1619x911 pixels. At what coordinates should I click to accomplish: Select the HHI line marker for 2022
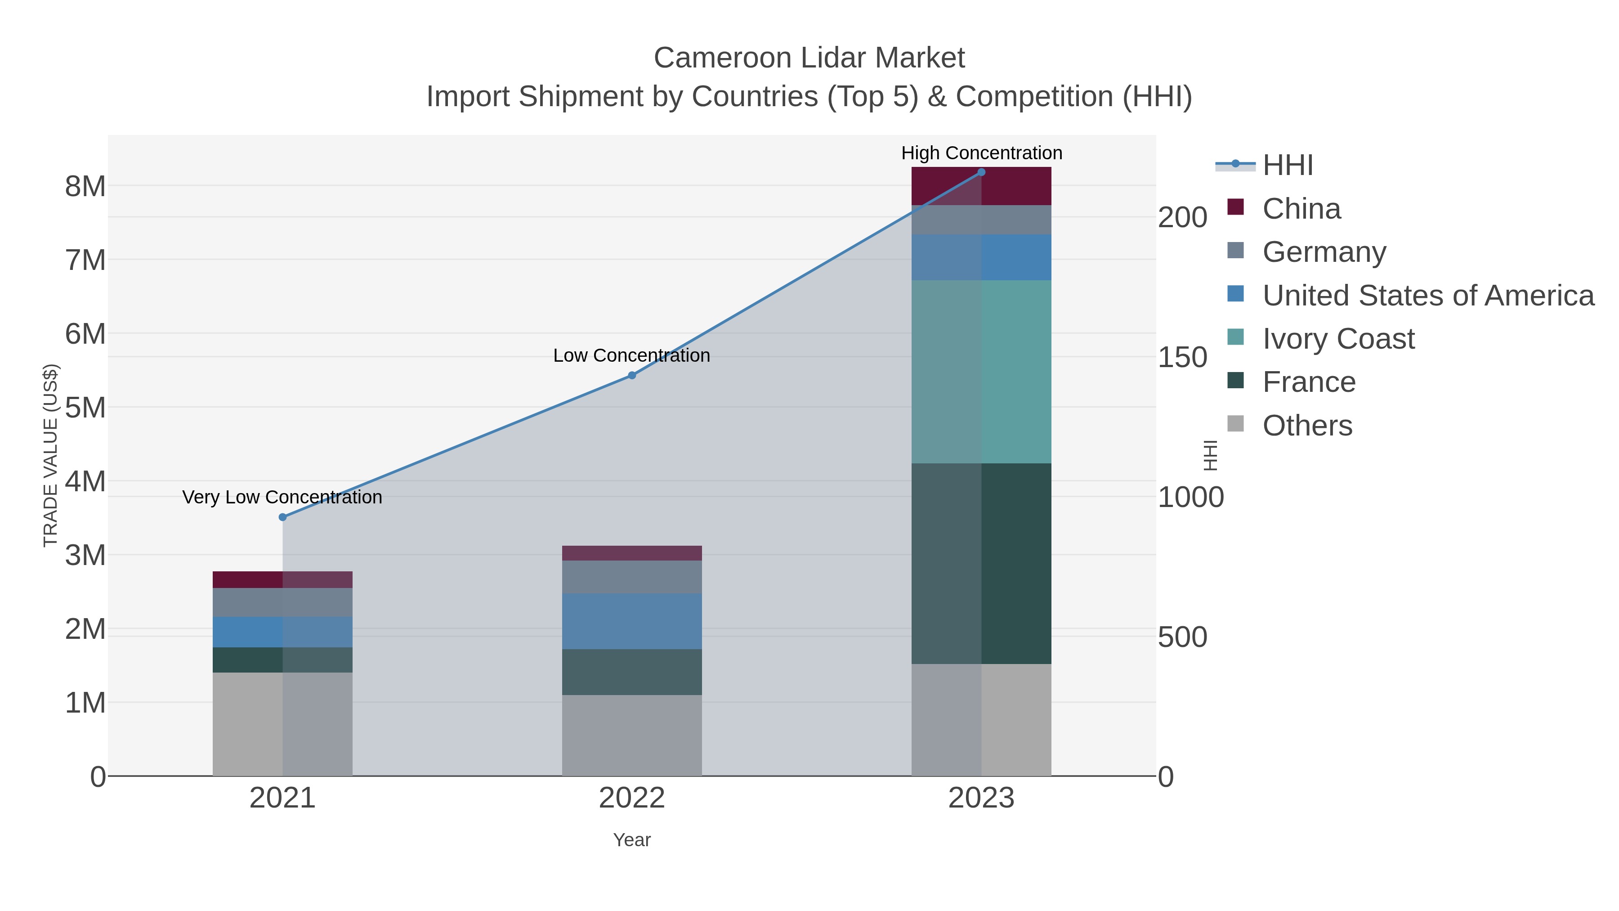click(x=632, y=375)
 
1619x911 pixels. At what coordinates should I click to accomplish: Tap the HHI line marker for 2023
click(x=981, y=172)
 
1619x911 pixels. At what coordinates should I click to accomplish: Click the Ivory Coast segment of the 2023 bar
click(x=981, y=372)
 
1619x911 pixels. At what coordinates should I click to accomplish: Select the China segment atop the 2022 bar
click(x=632, y=553)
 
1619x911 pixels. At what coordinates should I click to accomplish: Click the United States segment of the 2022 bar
click(x=632, y=621)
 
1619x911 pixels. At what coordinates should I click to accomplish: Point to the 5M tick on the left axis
click(x=85, y=408)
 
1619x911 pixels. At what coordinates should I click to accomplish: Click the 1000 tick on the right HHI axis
click(x=1190, y=497)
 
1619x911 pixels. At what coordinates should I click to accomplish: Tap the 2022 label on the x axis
click(x=632, y=799)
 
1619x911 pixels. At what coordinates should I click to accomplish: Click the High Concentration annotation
click(x=981, y=153)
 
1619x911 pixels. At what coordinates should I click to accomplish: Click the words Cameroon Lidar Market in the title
click(x=809, y=58)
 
